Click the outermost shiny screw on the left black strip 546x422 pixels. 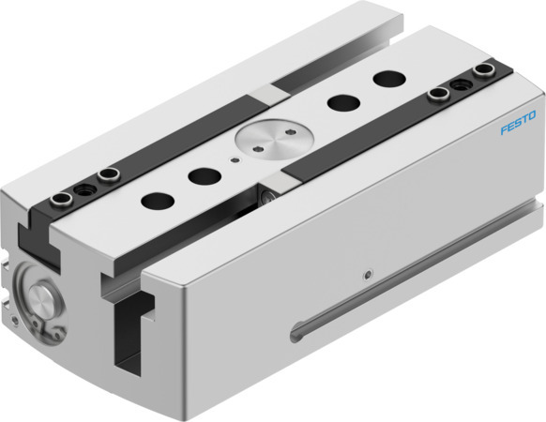coord(60,197)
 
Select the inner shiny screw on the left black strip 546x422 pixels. coord(110,172)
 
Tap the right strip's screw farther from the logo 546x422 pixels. coord(436,93)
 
